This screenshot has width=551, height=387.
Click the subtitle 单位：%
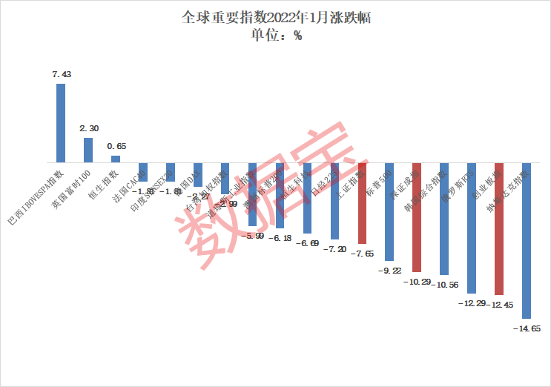pyautogui.click(x=276, y=35)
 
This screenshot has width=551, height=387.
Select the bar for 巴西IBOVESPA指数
pyautogui.click(x=61, y=122)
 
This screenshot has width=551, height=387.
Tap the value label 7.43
pyautogui.click(x=61, y=74)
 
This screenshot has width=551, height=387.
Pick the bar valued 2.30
pyautogui.click(x=88, y=150)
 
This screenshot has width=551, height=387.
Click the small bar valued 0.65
pyautogui.click(x=116, y=159)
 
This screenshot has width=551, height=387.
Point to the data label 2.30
pyautogui.click(x=88, y=128)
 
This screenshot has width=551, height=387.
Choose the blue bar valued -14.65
pyautogui.click(x=527, y=240)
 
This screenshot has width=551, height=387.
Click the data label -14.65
pyautogui.click(x=527, y=328)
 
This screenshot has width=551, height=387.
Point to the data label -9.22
pyautogui.click(x=389, y=271)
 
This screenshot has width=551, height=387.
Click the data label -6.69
pyautogui.click(x=307, y=243)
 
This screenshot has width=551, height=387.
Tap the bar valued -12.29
pyautogui.click(x=472, y=228)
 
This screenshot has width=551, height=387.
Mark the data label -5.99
pyautogui.click(x=252, y=236)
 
